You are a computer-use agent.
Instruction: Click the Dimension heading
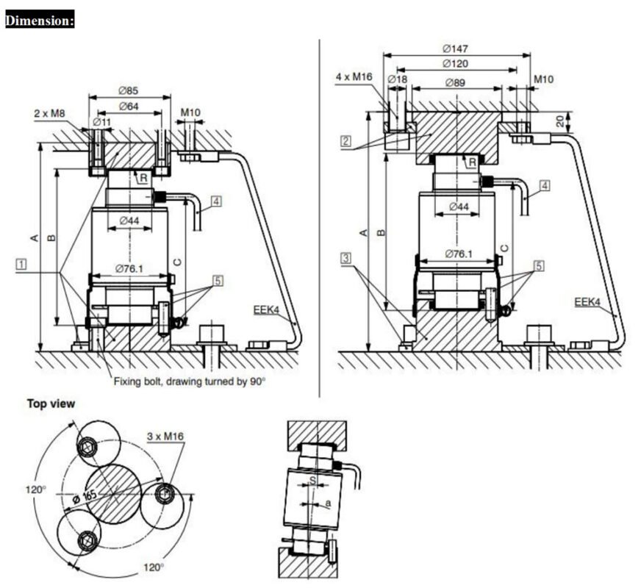point(40,21)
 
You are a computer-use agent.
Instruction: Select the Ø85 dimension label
point(130,91)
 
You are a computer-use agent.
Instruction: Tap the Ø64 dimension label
point(130,107)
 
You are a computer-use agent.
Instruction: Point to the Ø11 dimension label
point(101,121)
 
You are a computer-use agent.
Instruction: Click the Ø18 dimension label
point(397,79)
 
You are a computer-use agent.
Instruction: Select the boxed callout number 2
point(345,140)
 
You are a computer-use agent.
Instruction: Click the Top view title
point(51,404)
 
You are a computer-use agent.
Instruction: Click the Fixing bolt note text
point(190,381)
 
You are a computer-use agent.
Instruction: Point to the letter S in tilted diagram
point(312,481)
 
